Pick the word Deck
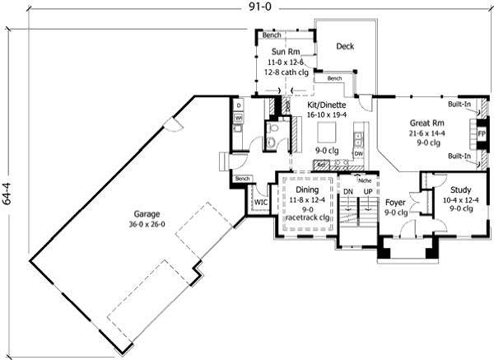click(345, 47)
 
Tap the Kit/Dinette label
click(327, 106)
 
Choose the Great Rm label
click(426, 122)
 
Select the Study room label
click(450, 189)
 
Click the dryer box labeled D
click(238, 106)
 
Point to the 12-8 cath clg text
click(285, 72)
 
